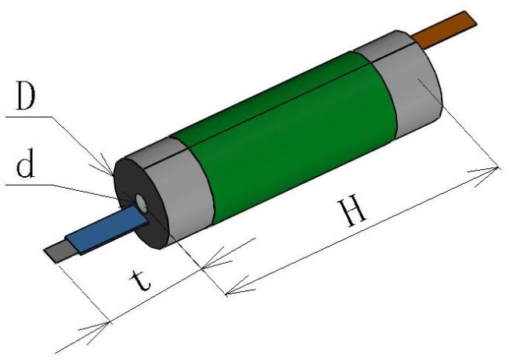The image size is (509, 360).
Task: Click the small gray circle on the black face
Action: [x=143, y=203]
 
